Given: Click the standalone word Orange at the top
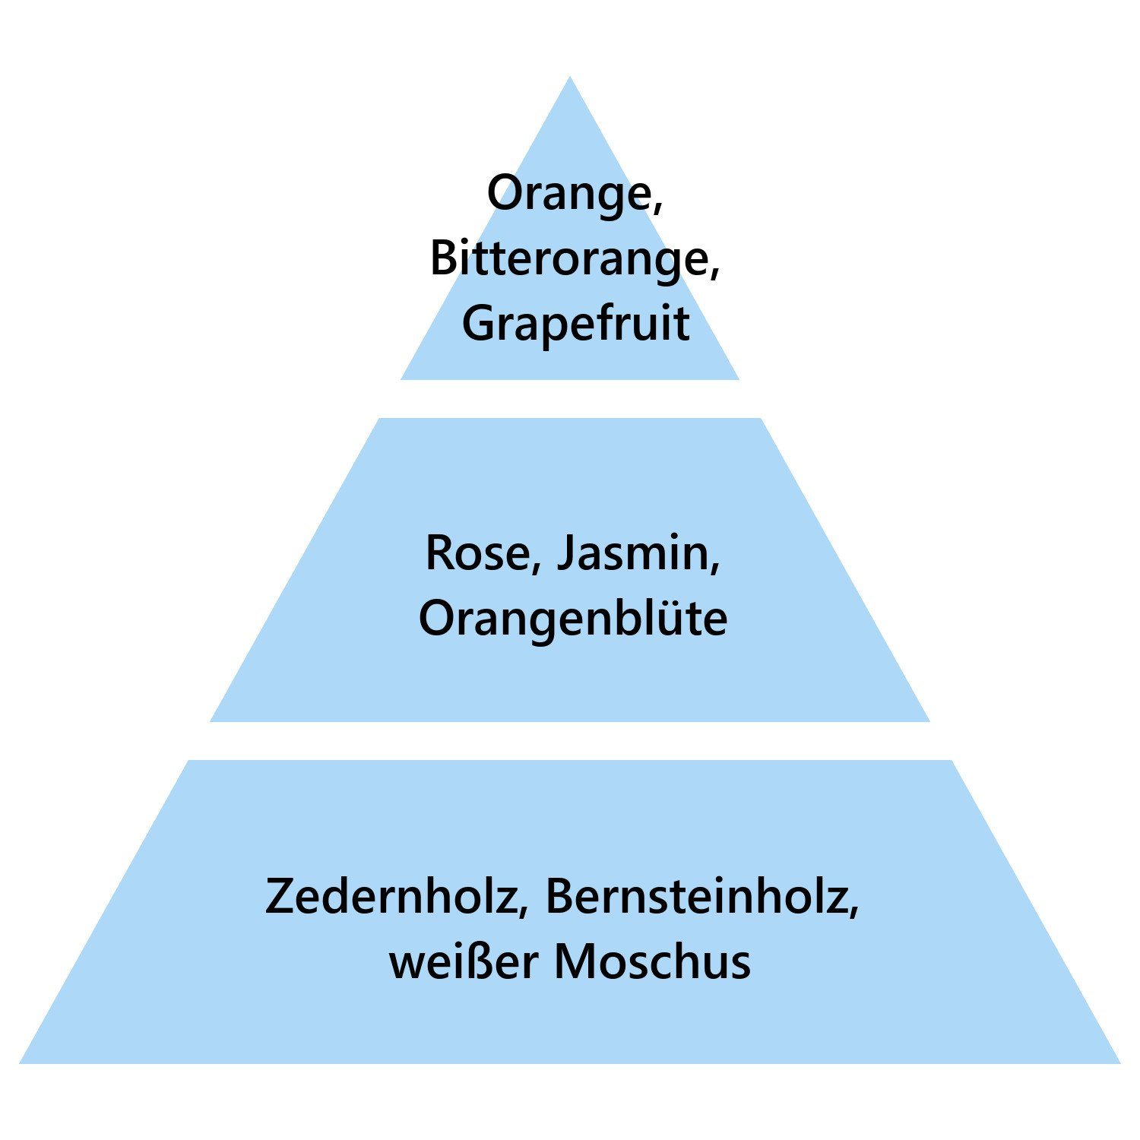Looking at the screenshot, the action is click(x=569, y=195).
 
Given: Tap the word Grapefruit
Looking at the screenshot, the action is click(x=575, y=325).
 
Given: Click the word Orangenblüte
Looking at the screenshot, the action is click(x=573, y=618).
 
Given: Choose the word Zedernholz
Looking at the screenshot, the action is click(x=390, y=896).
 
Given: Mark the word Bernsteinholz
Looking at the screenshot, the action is click(x=696, y=896).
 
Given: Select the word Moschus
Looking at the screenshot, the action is click(x=652, y=961).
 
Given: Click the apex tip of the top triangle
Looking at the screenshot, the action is click(x=570, y=76).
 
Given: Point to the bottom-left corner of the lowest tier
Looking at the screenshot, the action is click(x=20, y=1062).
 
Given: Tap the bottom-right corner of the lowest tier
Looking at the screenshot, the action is click(x=1119, y=1062).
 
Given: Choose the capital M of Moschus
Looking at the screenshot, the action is click(x=575, y=961).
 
